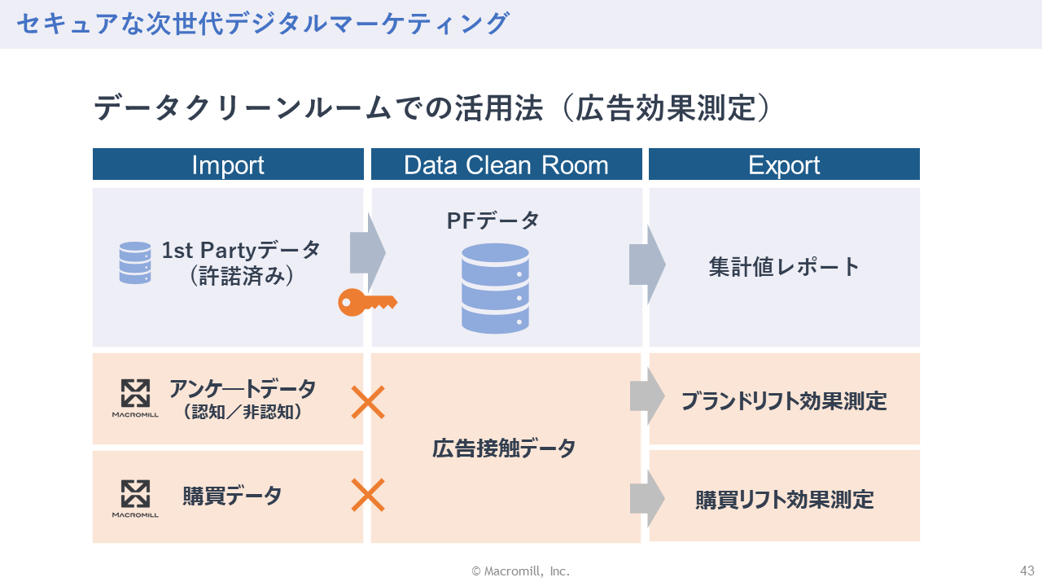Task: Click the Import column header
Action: coord(228,164)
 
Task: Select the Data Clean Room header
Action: coord(506,164)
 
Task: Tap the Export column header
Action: coord(784,164)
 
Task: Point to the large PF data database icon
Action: coord(495,288)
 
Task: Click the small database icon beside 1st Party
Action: coord(135,263)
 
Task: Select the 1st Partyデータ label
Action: coord(241,250)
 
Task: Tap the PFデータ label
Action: coord(493,220)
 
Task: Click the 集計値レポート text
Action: coord(784,267)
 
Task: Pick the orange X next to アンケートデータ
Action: coord(368,402)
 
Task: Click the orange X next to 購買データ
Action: coord(368,495)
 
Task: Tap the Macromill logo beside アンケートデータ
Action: coord(135,398)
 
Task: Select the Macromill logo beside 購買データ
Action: coord(135,498)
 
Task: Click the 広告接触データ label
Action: coord(504,448)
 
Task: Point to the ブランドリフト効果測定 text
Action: coord(784,400)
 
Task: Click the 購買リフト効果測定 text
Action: coord(784,499)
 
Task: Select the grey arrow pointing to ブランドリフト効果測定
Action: coord(647,396)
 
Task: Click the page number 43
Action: coord(1027,571)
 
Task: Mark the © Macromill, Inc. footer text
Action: coord(521,571)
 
